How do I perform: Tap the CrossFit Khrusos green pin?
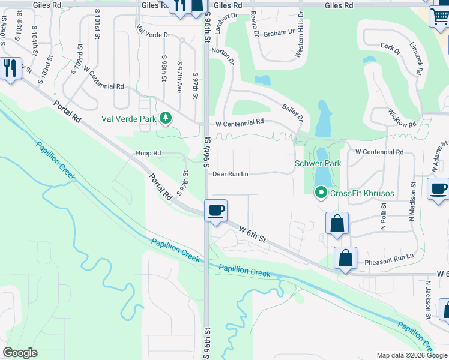tap(321, 192)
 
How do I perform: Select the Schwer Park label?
tap(318, 163)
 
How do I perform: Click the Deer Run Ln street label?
tap(231, 174)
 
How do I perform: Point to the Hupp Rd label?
tap(148, 154)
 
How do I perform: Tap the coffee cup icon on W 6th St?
tap(216, 211)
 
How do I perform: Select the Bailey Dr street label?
tap(292, 112)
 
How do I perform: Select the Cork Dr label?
tap(390, 47)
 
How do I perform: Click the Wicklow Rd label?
tap(402, 118)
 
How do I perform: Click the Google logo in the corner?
tap(20, 353)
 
